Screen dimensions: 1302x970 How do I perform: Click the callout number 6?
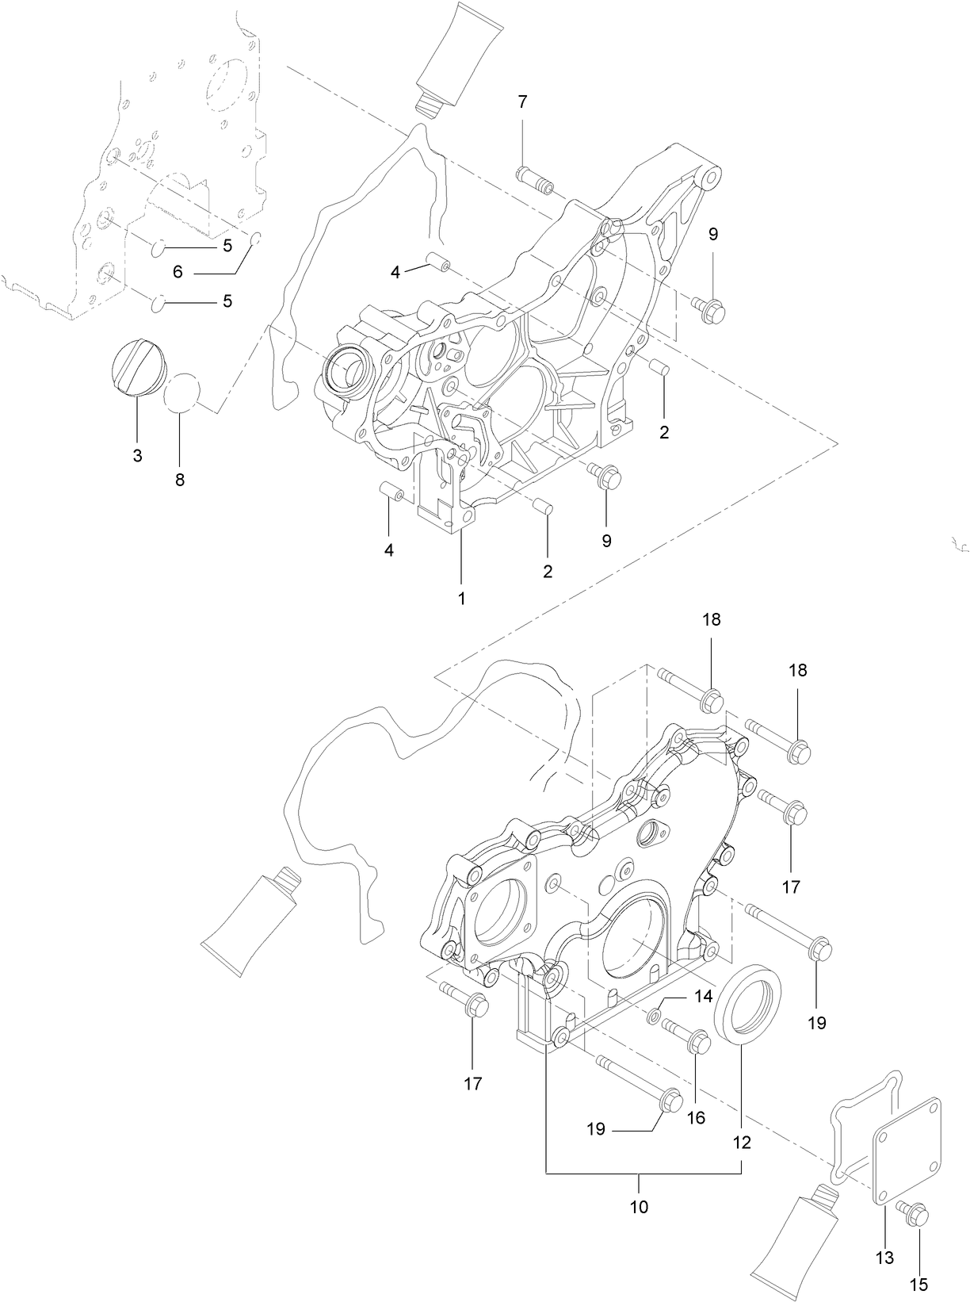point(178,272)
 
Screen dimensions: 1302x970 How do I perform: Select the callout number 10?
point(639,1207)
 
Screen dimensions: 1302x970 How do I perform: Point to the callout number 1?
point(461,598)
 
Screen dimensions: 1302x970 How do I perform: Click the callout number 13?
point(884,1258)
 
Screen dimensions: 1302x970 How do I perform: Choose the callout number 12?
point(742,1143)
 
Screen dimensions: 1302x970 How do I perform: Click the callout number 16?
point(696,1118)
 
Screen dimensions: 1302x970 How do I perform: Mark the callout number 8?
point(180,480)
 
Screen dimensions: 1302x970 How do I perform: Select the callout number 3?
point(137,456)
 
